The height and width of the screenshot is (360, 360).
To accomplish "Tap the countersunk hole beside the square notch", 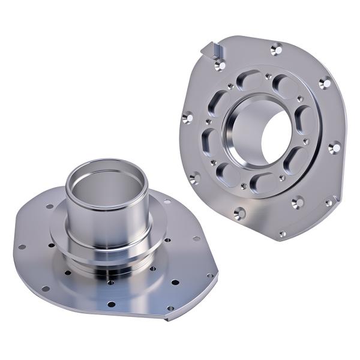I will tap(221, 64).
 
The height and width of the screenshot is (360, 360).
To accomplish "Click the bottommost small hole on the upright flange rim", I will tap(282, 233).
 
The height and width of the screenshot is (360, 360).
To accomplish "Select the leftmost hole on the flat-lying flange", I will tap(20, 247).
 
